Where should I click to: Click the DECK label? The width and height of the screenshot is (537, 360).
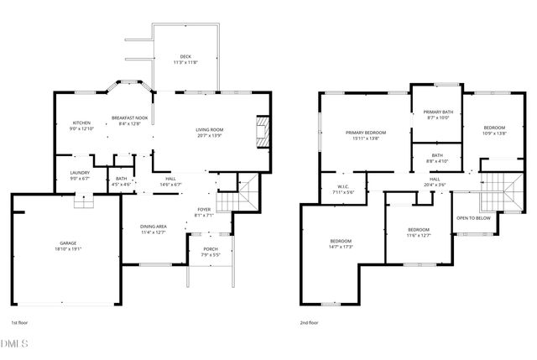[185, 57]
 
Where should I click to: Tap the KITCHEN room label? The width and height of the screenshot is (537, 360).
[81, 123]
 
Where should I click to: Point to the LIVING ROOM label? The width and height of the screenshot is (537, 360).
[210, 129]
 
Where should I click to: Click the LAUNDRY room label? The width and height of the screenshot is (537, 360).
[81, 173]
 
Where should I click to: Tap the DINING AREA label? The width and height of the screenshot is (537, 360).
[153, 226]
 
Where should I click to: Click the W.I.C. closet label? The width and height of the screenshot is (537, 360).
[343, 187]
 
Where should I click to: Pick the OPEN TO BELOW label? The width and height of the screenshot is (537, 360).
[474, 218]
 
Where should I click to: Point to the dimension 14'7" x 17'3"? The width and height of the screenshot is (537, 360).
[341, 247]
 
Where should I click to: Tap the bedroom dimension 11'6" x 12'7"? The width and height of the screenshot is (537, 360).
[419, 235]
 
